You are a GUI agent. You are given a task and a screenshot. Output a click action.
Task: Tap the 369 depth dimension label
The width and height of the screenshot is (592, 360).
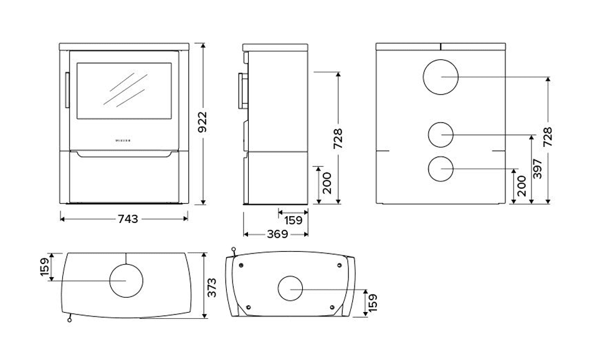[277, 235]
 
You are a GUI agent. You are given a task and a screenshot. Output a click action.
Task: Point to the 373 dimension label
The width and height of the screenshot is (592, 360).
[211, 286]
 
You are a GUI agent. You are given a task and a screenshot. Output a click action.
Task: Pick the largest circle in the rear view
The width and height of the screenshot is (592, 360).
[441, 77]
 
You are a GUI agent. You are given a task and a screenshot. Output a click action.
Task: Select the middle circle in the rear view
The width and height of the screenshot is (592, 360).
[441, 135]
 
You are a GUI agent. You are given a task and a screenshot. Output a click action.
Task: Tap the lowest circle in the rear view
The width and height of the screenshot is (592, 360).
[441, 169]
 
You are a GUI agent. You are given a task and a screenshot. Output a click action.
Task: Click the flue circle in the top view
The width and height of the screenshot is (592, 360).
[127, 280]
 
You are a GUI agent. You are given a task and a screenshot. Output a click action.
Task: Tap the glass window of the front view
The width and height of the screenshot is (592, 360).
[125, 91]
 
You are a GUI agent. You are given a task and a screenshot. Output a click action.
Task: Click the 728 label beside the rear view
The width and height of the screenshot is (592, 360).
[548, 136]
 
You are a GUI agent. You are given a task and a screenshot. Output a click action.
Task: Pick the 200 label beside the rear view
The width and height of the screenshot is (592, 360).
[522, 186]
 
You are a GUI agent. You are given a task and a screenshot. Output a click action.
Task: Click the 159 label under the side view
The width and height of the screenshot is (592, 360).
[292, 219]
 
